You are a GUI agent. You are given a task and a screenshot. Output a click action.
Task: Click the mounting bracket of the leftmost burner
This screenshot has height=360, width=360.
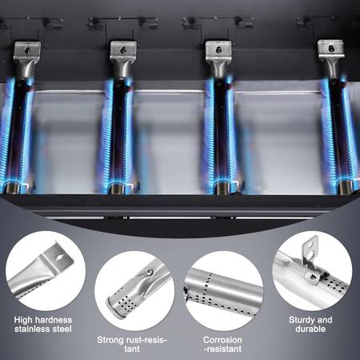(27, 51)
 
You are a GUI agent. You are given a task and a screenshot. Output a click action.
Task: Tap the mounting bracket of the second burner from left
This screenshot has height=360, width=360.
(123, 50)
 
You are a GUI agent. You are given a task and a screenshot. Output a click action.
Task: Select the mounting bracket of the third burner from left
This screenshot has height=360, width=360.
(218, 50)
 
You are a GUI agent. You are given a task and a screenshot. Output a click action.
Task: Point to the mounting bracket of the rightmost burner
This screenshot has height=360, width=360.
(330, 49)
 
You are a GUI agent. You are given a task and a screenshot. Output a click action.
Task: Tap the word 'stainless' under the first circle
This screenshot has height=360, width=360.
(32, 329)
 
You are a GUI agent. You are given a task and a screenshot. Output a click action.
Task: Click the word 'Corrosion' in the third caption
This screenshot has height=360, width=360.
(222, 340)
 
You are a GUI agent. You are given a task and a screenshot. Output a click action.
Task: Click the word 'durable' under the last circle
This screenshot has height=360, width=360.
(310, 329)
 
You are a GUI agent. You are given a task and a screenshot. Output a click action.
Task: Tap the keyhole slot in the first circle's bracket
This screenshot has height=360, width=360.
(59, 258)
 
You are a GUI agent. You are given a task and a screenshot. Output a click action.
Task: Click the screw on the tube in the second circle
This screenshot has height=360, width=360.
(150, 272)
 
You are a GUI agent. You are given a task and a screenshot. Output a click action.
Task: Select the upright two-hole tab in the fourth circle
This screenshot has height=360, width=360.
(310, 250)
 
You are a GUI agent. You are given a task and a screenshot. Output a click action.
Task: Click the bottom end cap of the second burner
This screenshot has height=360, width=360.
(117, 188)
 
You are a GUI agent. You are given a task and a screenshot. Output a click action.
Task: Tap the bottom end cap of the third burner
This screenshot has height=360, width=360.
(222, 188)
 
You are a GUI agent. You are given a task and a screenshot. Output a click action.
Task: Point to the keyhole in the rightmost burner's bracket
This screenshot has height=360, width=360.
(331, 49)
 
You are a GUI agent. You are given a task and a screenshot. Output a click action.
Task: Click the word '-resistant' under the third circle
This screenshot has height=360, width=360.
(222, 349)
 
